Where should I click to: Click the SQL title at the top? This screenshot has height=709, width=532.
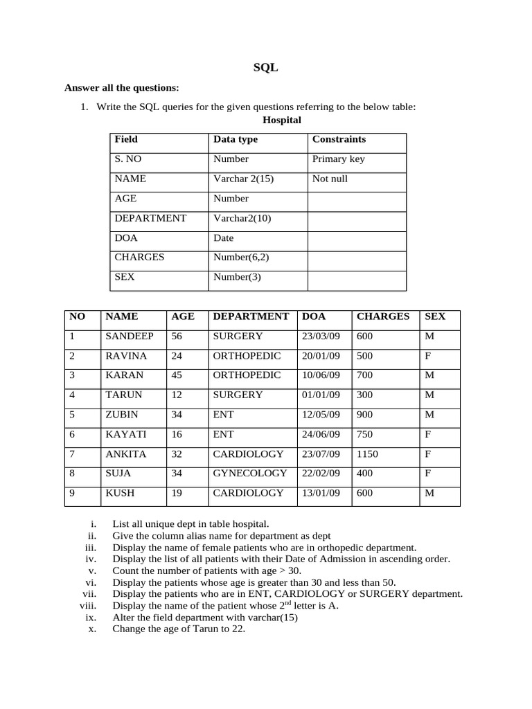click(x=266, y=68)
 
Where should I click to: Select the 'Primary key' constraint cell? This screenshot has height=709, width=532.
click(x=338, y=159)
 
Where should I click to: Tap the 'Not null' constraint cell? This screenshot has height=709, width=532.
click(x=330, y=179)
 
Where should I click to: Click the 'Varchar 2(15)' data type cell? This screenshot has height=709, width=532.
click(x=243, y=179)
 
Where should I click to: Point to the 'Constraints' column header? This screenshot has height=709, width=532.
click(x=339, y=139)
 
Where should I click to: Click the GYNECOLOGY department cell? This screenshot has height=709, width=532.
click(x=249, y=473)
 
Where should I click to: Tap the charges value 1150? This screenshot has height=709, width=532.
click(x=368, y=454)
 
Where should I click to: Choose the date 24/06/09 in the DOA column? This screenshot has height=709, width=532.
click(x=321, y=434)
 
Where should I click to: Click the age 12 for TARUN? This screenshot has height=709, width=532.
click(x=177, y=395)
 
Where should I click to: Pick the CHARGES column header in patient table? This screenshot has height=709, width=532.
click(x=382, y=316)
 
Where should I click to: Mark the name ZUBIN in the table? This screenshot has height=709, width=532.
click(x=121, y=414)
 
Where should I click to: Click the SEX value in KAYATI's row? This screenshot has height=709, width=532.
click(x=428, y=434)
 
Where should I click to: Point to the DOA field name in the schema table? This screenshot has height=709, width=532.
click(x=126, y=237)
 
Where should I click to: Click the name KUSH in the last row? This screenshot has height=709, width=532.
click(x=120, y=493)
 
